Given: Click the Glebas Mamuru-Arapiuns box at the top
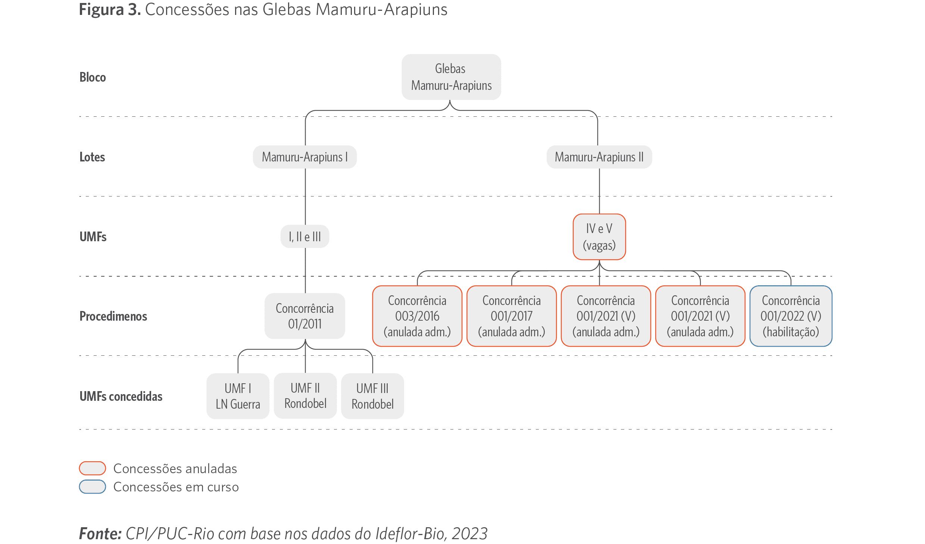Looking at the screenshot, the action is [451, 77].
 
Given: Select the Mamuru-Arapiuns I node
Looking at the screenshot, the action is [305, 157].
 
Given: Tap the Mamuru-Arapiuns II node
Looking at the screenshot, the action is [599, 157].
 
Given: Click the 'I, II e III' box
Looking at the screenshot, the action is [305, 236].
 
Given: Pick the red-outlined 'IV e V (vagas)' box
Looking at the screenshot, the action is [599, 237].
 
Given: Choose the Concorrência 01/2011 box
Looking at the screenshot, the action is [305, 316].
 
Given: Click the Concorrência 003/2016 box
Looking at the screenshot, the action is [417, 316].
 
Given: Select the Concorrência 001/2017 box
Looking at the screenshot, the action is [512, 316].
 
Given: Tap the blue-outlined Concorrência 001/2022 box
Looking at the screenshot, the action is [791, 316].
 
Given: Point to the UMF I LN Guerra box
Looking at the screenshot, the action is [238, 396].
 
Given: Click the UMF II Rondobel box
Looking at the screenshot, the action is [305, 396].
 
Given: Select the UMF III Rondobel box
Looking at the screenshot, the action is [372, 396].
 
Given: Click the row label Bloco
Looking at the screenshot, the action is [93, 77].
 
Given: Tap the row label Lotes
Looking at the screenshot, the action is [92, 157].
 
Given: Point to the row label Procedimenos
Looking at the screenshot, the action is [113, 316].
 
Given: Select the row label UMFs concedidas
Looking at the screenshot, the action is [121, 396].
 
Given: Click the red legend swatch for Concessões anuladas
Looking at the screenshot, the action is [93, 468].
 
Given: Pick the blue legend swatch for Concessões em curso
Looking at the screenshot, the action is [93, 487].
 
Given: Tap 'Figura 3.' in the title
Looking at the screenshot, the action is [110, 10].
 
